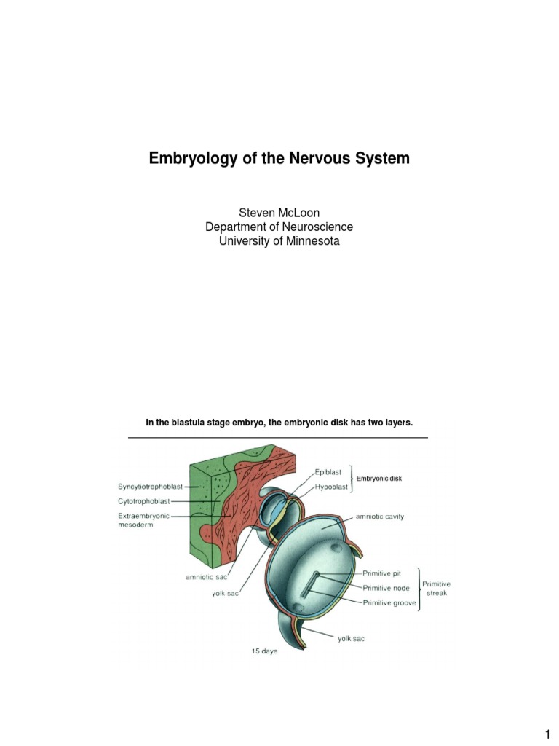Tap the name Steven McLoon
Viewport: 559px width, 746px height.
coord(279,213)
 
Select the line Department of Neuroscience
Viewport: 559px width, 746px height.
coord(279,227)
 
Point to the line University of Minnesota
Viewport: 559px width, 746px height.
coord(279,240)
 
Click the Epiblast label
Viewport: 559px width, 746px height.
coord(328,472)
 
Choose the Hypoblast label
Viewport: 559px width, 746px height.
coord(331,487)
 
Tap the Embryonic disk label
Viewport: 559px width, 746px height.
coord(378,479)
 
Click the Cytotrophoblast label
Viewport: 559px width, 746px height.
coord(144,501)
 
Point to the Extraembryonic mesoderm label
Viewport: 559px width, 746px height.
coord(143,520)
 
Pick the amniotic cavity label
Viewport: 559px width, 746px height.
coord(379,517)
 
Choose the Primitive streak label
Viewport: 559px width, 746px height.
coord(438,588)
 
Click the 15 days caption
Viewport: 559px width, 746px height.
coord(264,652)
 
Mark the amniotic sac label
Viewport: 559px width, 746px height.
coord(207,578)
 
